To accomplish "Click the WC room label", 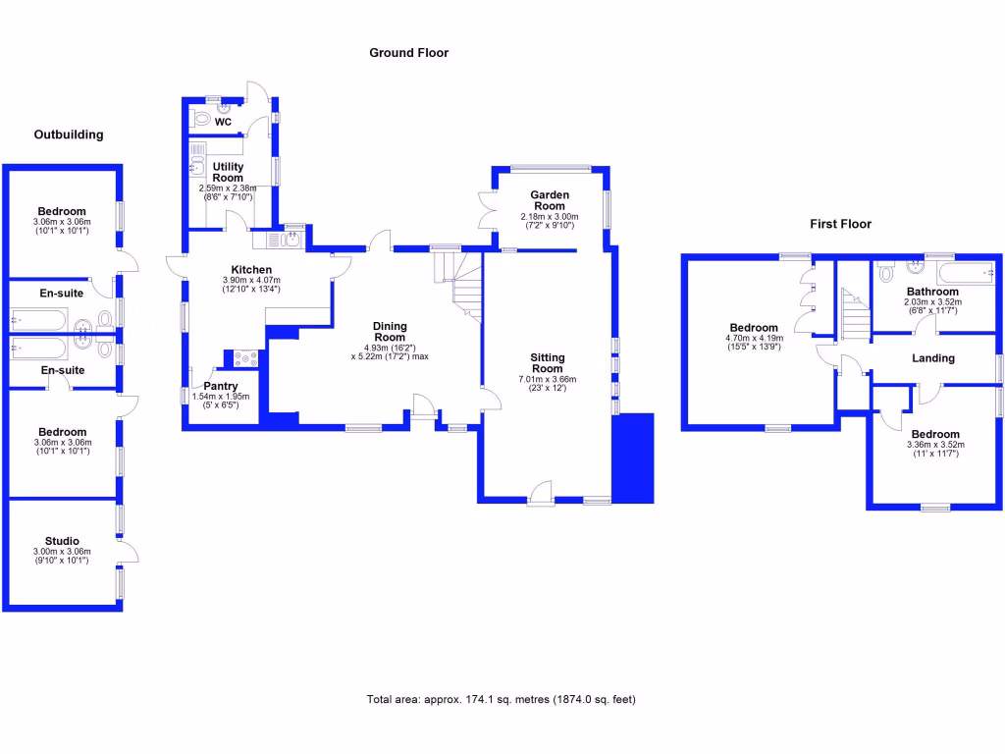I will [x=224, y=123].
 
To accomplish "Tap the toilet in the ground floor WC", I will [x=202, y=120].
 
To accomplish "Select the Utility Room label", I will [x=228, y=173].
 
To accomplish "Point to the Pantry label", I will [x=220, y=387].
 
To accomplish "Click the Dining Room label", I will [x=390, y=332].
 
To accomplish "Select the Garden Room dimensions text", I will [x=550, y=221].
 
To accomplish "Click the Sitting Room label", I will [x=548, y=363].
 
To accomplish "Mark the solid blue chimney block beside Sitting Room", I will [x=633, y=458].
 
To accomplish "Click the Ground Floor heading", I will [x=408, y=53].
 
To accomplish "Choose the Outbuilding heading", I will [x=69, y=135].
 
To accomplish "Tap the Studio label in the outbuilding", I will [x=62, y=541].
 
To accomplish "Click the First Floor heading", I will [x=840, y=224].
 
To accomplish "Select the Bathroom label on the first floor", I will [x=932, y=292].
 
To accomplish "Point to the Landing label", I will [x=932, y=358].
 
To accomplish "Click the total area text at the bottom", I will [x=502, y=700].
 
